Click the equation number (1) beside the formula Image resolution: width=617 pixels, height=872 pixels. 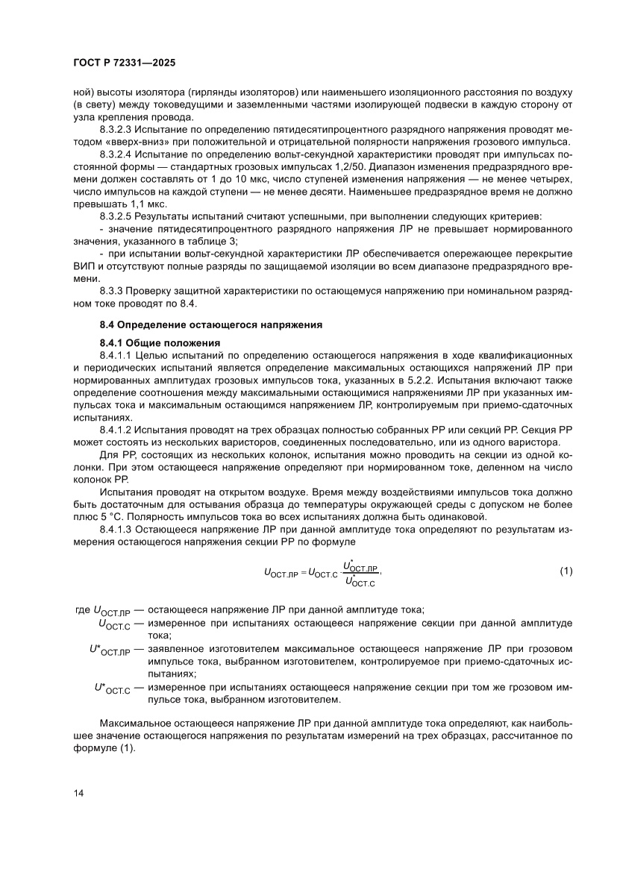point(566,571)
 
